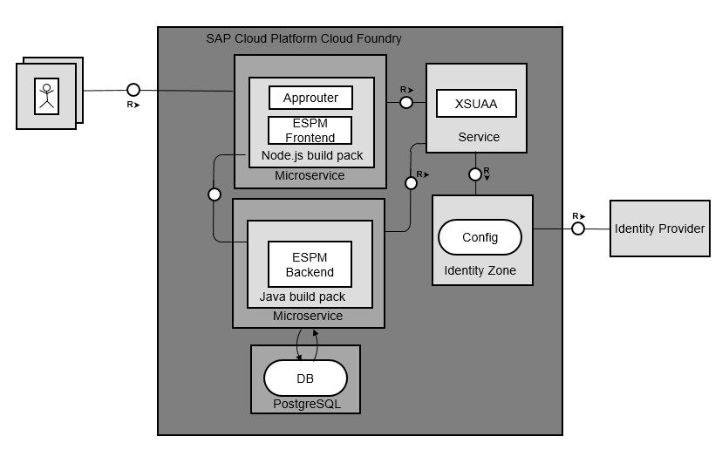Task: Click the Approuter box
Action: pos(310,98)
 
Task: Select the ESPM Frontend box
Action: pos(310,130)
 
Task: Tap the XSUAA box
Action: pos(476,103)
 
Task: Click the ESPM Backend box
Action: pos(310,264)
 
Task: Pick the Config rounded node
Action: pos(480,237)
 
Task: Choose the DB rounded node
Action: pos(305,378)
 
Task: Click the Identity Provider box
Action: pos(659,228)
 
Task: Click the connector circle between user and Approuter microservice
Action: pos(133,89)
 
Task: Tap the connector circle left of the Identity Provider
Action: pos(577,229)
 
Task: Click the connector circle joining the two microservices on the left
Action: pos(215,194)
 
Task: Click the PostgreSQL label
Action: pos(304,405)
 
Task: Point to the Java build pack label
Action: pos(302,297)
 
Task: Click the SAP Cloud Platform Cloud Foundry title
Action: pos(303,38)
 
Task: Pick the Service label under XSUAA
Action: pos(479,137)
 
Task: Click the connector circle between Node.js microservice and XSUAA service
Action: pos(405,102)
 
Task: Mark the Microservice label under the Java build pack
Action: pos(308,316)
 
